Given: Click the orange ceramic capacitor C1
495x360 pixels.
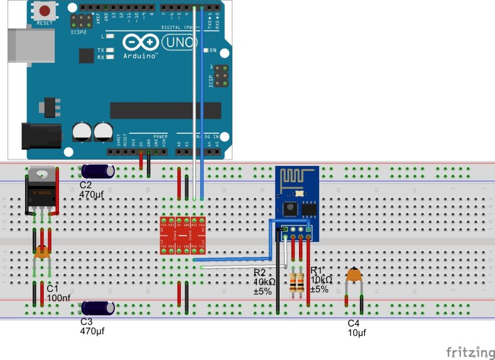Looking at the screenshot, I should (x=42, y=253).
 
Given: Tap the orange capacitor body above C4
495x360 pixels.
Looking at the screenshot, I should (x=355, y=274).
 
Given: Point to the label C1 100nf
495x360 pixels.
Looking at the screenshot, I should (x=58, y=292).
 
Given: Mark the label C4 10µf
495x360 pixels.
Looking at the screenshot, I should (x=357, y=327).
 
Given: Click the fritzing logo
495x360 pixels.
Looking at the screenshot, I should (x=470, y=351).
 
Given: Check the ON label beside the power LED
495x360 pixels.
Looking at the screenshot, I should (x=213, y=50).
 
